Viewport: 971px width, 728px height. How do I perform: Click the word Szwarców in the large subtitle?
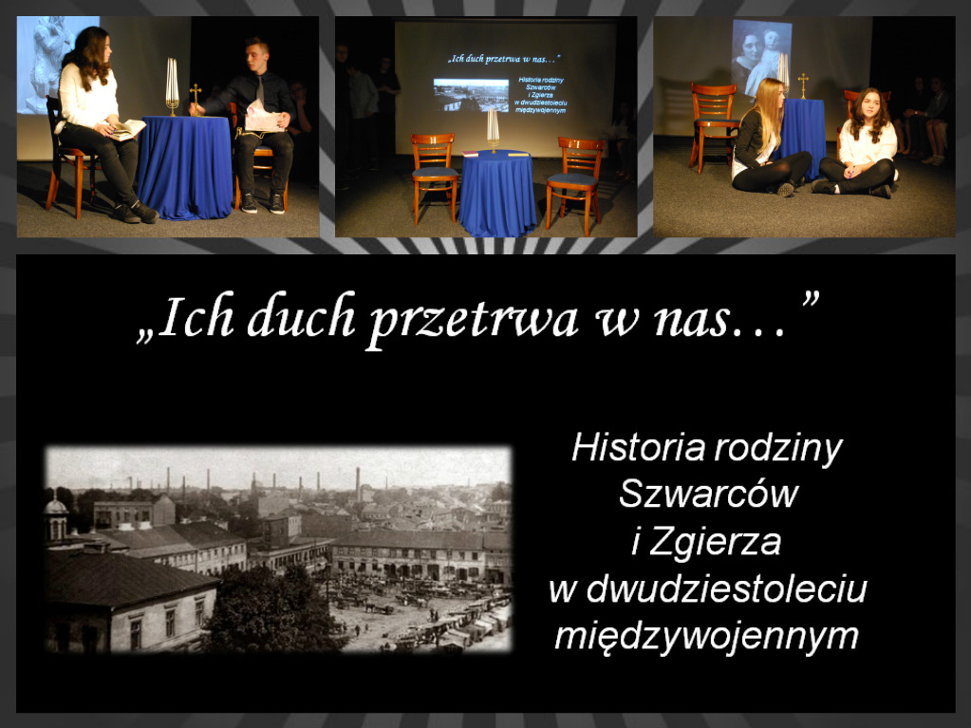click(708, 495)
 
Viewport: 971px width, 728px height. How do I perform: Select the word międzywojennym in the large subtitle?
click(706, 636)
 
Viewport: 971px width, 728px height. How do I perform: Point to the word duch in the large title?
click(302, 316)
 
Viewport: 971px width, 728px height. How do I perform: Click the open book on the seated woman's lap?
click(127, 129)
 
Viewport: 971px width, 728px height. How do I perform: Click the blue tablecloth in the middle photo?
click(496, 193)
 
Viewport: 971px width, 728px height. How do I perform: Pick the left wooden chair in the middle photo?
click(434, 177)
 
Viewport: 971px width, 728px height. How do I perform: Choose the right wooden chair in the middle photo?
click(577, 183)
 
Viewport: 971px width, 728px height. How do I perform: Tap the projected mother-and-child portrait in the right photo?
click(761, 58)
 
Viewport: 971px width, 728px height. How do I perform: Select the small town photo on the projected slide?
click(471, 95)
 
